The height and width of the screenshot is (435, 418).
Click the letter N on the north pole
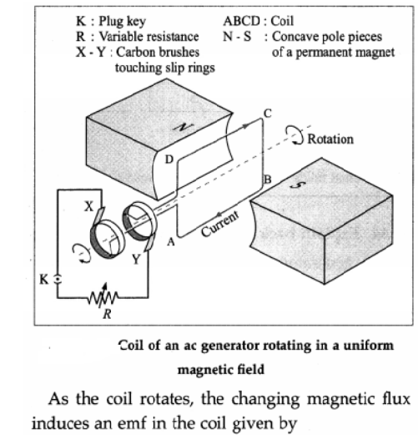(183, 128)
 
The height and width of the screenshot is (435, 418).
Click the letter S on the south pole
(297, 185)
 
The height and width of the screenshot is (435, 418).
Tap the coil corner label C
(267, 114)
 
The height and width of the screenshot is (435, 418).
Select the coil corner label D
(169, 159)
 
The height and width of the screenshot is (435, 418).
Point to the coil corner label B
(268, 180)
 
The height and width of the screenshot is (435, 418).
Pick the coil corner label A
(171, 242)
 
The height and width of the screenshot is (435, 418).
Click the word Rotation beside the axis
(330, 139)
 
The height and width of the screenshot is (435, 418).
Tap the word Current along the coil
(220, 224)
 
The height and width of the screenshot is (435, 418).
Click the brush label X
(89, 206)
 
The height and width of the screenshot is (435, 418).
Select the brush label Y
(136, 260)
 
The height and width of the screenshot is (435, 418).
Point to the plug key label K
(44, 280)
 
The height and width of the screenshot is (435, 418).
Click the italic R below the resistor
(107, 314)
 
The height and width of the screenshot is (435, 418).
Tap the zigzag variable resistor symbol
(103, 296)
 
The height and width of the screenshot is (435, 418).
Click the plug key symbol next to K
(58, 279)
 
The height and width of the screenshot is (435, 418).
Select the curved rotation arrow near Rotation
(295, 134)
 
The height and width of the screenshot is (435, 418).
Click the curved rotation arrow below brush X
(81, 252)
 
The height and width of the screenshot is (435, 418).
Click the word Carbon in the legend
(135, 53)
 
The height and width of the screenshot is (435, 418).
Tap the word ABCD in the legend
(242, 21)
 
